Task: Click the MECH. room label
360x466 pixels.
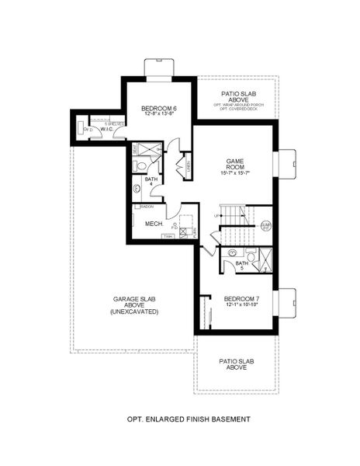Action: pyautogui.click(x=152, y=224)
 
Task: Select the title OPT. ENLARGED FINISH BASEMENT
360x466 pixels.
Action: pyautogui.click(x=189, y=419)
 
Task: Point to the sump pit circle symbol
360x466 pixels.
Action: pyautogui.click(x=265, y=226)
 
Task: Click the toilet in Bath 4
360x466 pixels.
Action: pyautogui.click(x=141, y=165)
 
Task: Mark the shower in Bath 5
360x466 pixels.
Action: pyautogui.click(x=264, y=259)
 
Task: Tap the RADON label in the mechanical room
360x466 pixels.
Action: pyautogui.click(x=147, y=207)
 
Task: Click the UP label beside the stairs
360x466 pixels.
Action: pyautogui.click(x=216, y=215)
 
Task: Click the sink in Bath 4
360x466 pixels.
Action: pyautogui.click(x=138, y=188)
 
